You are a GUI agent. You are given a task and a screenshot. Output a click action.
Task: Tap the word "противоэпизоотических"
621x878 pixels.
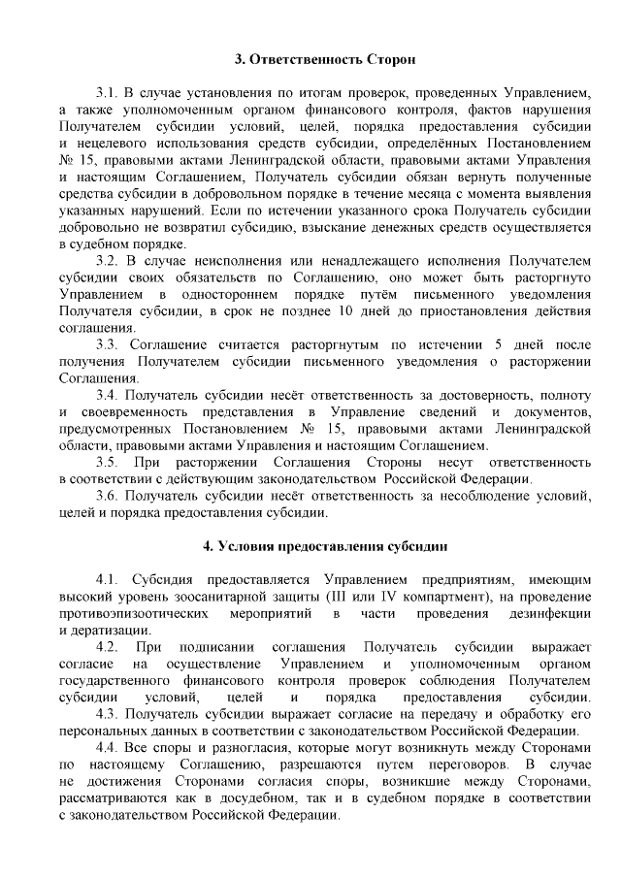(x=135, y=612)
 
